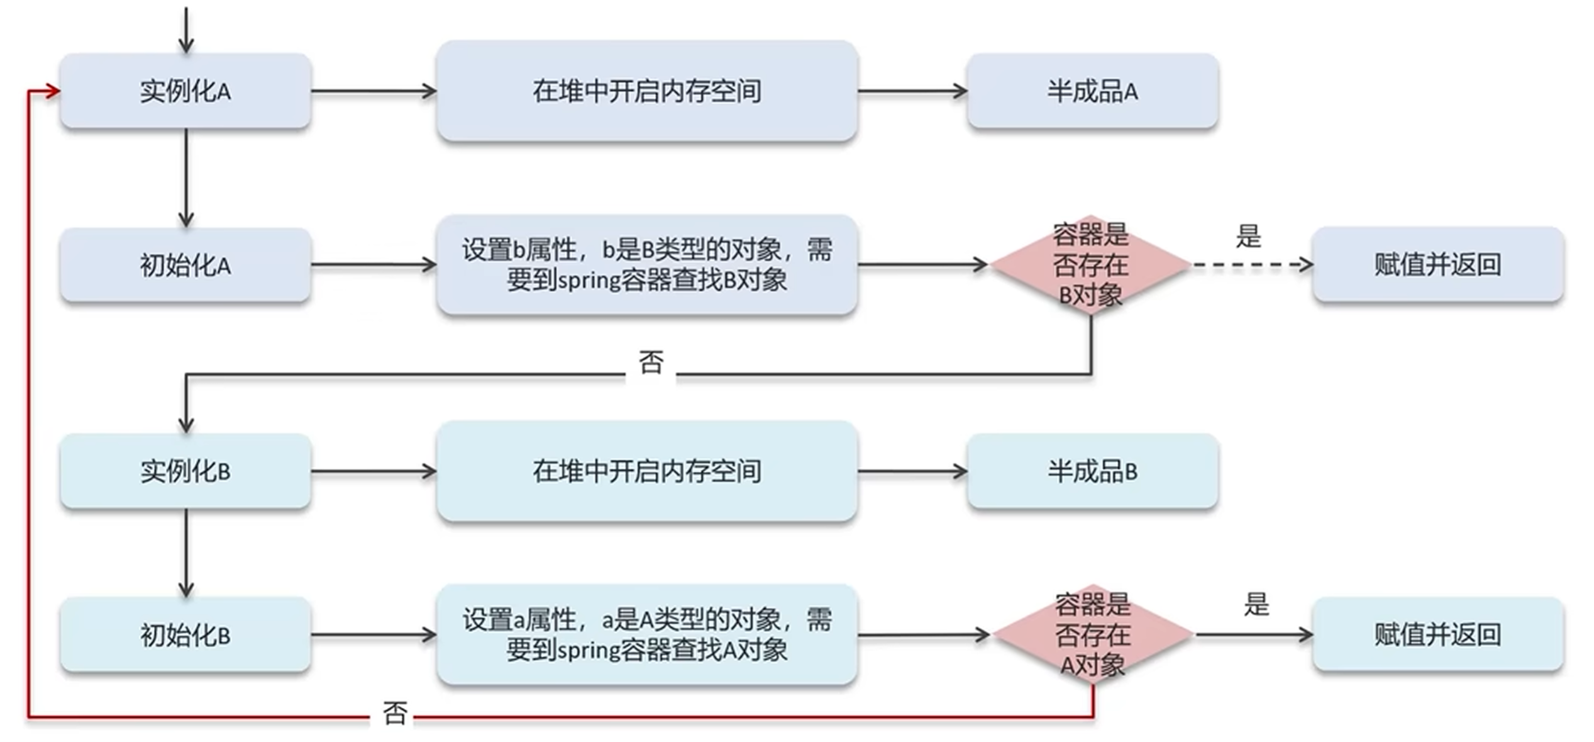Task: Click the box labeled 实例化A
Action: coord(185,91)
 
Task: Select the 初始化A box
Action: coord(185,265)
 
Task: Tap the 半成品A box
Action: coord(1092,91)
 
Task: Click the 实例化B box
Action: coord(185,471)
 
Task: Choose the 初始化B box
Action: coord(185,634)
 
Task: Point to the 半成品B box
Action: coord(1092,471)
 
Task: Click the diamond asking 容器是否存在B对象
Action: coord(1091,265)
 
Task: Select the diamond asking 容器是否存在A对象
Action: coord(1093,634)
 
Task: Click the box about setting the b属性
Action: coord(647,265)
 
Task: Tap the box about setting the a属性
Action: coord(647,634)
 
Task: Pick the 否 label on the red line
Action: coord(395,714)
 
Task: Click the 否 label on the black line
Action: coord(651,363)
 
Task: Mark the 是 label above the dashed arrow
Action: coord(1248,237)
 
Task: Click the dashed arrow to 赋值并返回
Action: coord(1251,265)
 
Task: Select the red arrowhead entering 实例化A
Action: coord(53,91)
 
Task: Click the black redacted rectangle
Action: coord(1446,104)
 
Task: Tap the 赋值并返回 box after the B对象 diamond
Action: coord(1437,265)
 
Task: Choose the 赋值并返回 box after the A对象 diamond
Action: coord(1437,634)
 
